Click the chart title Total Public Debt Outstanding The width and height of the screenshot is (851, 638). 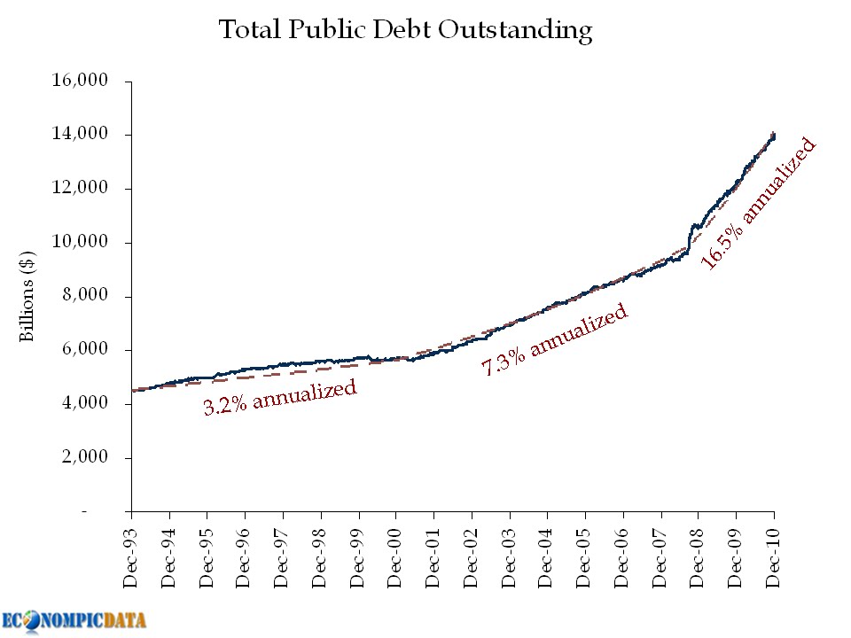pos(405,31)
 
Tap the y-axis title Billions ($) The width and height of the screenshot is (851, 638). pos(27,296)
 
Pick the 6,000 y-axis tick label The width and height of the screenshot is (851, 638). pos(85,350)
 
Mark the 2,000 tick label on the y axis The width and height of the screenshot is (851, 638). pos(85,458)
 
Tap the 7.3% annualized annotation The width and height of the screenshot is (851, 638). pos(555,339)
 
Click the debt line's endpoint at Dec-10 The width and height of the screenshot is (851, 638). pos(774,135)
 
